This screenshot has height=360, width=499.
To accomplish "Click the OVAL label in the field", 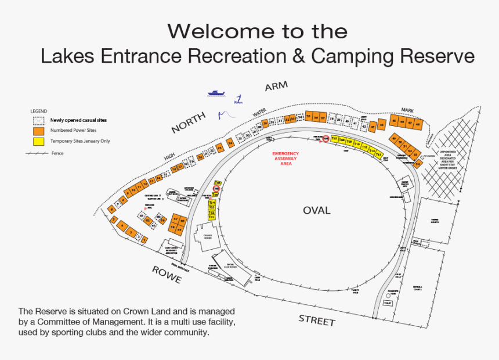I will (x=316, y=210).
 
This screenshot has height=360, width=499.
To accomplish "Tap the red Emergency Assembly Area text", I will (x=285, y=158).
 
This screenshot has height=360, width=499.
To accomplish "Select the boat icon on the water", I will (x=216, y=93).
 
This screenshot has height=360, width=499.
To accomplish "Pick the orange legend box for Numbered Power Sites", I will (x=39, y=131).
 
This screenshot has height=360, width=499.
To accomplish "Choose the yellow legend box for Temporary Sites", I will (x=39, y=141).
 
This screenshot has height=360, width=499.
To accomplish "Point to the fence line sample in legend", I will (x=36, y=153).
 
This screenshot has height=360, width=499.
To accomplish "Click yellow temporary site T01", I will (x=212, y=217).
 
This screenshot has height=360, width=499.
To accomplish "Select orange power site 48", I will (x=417, y=124).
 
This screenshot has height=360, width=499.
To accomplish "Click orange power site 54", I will (x=417, y=164).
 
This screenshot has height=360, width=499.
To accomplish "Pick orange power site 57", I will (x=175, y=219).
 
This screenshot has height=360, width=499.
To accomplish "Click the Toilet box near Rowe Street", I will (x=388, y=303).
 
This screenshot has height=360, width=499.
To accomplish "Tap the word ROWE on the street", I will (x=167, y=275).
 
